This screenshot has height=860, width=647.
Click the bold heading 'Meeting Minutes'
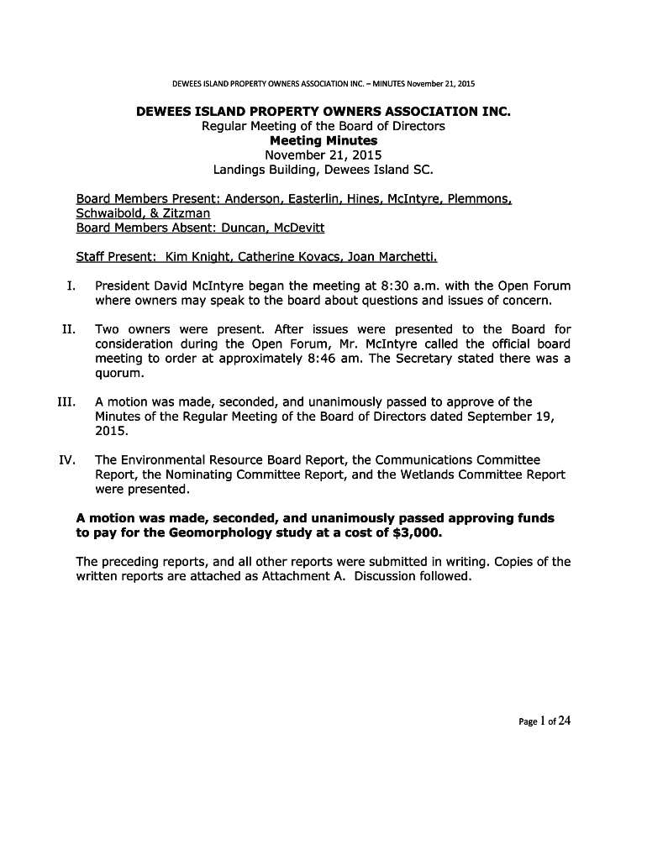click(x=323, y=140)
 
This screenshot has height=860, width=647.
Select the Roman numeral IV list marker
click(x=67, y=460)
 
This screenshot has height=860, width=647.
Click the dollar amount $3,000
click(x=416, y=532)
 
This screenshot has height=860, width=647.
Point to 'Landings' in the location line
click(x=238, y=170)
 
